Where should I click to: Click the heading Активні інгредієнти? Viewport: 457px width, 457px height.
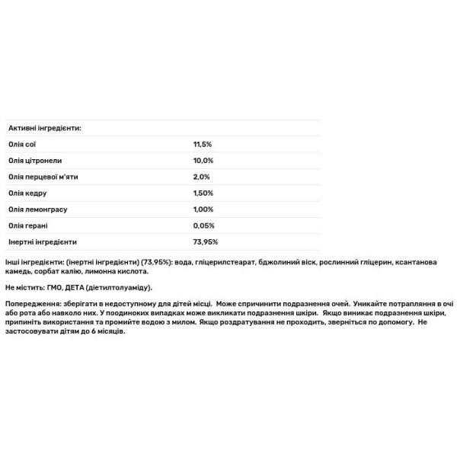click(44, 128)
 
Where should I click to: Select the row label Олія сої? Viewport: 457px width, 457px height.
click(22, 144)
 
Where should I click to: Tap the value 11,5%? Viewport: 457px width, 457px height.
click(203, 144)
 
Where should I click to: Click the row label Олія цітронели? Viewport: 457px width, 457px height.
click(35, 161)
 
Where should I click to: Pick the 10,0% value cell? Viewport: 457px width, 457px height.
click(203, 161)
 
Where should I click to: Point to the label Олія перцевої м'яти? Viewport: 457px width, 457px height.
click(43, 177)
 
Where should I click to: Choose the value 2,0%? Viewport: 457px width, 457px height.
click(201, 177)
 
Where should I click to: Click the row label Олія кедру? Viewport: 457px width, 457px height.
click(27, 193)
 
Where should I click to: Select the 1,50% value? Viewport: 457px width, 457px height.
click(203, 193)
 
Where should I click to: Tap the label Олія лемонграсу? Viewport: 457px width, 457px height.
click(36, 209)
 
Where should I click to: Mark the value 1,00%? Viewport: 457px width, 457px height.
click(203, 209)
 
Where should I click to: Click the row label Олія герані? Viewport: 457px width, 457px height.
click(27, 225)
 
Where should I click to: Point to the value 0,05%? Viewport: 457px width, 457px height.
click(204, 225)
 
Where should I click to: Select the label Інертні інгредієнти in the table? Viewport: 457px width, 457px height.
click(43, 242)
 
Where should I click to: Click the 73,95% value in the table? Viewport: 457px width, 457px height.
click(206, 242)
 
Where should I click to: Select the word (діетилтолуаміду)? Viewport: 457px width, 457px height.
click(119, 287)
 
